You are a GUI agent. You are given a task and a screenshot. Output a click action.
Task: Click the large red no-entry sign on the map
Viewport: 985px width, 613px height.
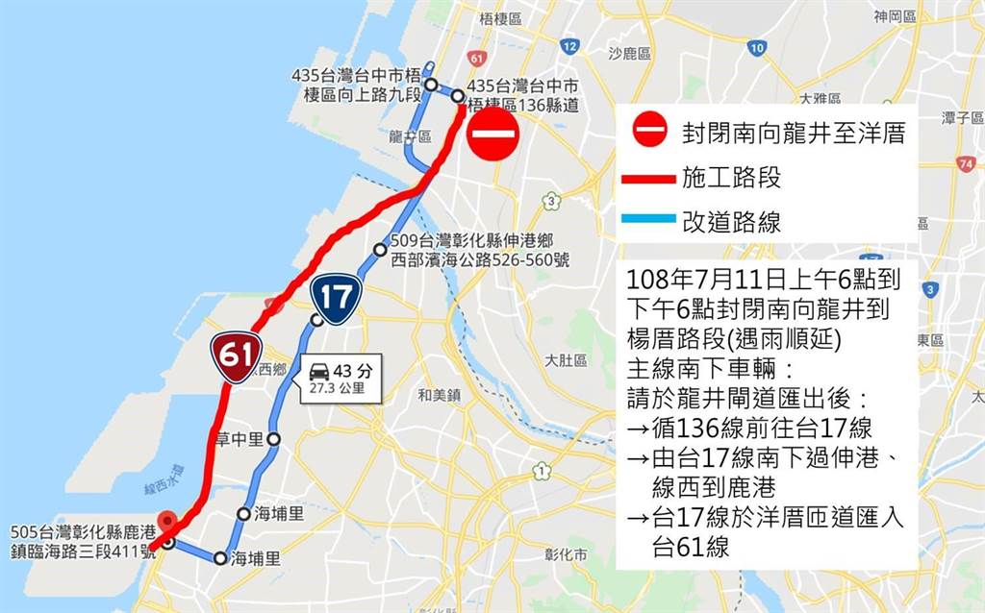(x=493, y=134)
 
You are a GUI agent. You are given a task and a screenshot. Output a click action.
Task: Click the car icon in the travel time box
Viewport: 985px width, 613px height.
(x=319, y=371)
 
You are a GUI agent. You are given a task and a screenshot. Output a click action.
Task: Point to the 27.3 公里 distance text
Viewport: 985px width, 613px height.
(x=331, y=389)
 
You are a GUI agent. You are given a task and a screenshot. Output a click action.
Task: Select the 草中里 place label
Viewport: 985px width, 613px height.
(x=240, y=439)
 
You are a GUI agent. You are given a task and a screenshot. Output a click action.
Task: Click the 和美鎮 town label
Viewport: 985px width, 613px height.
(x=441, y=394)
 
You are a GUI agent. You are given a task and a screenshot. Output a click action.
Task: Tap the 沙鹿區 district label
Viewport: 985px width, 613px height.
(x=631, y=54)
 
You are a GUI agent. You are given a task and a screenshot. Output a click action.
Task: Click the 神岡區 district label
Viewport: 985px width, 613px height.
(x=894, y=16)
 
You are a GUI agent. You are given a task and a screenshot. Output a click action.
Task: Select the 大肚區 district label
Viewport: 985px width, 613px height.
(x=566, y=360)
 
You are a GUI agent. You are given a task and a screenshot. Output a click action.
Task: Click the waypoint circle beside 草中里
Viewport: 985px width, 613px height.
(x=273, y=439)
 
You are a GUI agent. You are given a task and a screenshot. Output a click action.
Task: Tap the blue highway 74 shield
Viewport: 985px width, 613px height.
(x=965, y=164)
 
